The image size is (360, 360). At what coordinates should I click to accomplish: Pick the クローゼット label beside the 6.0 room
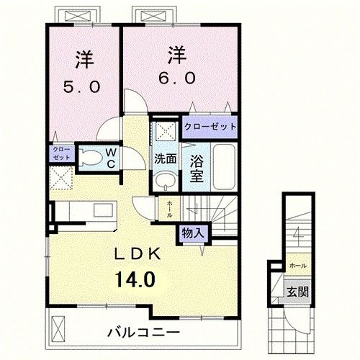(x=210, y=126)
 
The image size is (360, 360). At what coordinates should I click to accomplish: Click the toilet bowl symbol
(x=90, y=158)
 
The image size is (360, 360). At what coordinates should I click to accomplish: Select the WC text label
(x=112, y=158)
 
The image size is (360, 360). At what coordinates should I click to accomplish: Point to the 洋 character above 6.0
(x=178, y=54)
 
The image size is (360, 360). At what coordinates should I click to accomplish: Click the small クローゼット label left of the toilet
(x=60, y=153)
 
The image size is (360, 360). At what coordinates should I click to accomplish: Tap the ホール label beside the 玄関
(x=297, y=266)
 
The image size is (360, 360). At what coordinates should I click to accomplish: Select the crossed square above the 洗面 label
(x=166, y=132)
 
